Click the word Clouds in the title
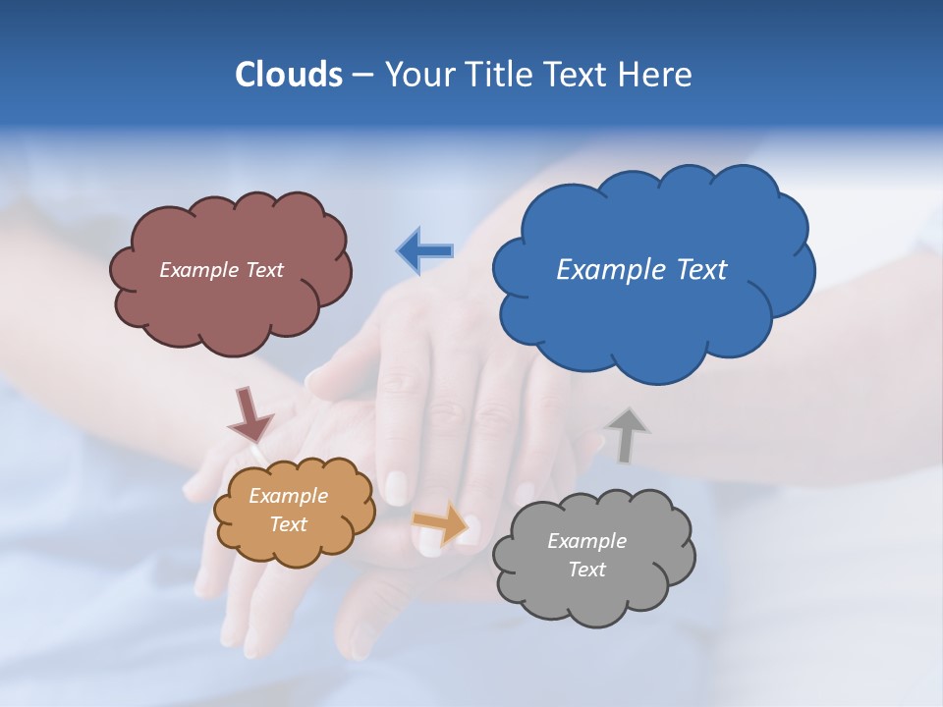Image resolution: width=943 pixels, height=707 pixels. [288, 75]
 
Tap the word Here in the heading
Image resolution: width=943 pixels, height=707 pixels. [657, 75]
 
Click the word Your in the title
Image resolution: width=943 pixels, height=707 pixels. [416, 75]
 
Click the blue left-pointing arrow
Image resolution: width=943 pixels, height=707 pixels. [425, 251]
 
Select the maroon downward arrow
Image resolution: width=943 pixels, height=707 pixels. [250, 414]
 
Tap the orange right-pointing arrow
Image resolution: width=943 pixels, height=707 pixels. [440, 522]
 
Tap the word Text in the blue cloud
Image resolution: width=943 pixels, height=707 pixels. [701, 269]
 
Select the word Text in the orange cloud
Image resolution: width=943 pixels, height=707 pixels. [289, 524]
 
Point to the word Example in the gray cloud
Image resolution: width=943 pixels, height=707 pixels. [586, 541]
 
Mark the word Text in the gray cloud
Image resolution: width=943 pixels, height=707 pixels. [586, 570]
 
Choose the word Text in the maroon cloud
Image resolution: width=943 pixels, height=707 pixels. [264, 269]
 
